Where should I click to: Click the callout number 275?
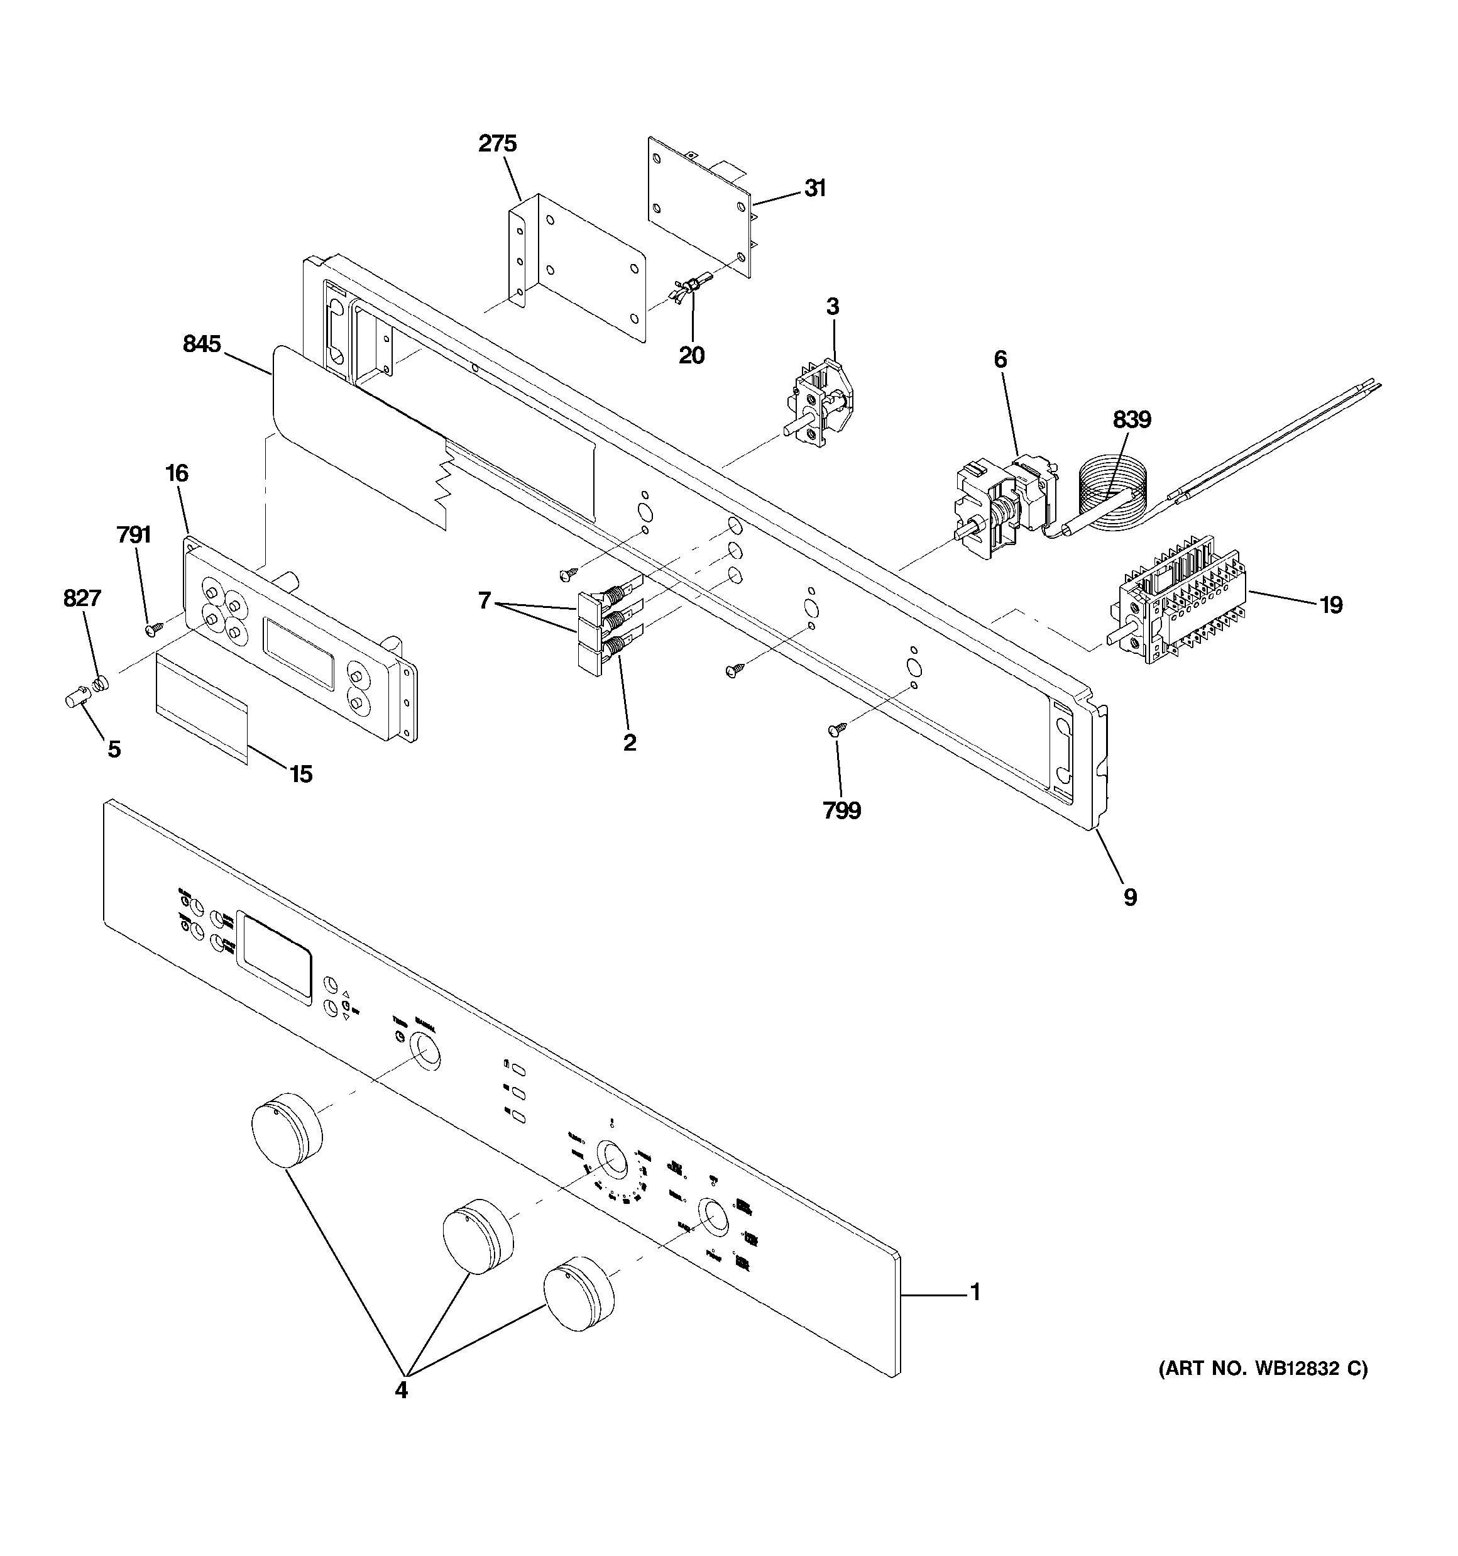pos(498,144)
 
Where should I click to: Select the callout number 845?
pos(202,344)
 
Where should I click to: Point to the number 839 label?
pos(1132,421)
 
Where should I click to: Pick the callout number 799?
pos(841,811)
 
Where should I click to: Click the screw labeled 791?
pos(154,627)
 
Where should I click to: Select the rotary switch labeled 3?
pos(822,406)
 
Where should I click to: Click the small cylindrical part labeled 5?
pos(75,697)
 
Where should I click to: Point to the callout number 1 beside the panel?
pos(975,1292)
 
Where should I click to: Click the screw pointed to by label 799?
pos(835,729)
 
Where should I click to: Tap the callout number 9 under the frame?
pos(1130,897)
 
